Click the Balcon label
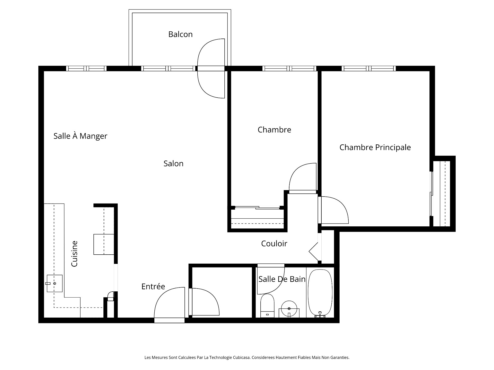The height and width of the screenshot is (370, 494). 180,34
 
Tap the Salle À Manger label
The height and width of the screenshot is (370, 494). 80,136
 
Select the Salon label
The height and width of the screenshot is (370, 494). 173,163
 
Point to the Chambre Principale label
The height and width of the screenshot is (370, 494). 375,147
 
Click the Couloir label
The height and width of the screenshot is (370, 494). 274,244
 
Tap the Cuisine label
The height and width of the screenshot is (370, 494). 74,254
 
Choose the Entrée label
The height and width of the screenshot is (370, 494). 153,286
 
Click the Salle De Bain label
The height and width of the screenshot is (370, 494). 282,279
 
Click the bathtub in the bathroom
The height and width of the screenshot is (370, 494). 320,293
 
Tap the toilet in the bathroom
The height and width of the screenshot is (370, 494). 267,306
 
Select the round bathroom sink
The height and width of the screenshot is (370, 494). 289,308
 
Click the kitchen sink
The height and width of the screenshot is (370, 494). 55,283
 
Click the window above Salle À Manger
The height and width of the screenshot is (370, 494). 86,68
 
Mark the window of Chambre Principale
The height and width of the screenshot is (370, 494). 369,68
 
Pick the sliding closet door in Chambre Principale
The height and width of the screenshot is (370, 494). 431,194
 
